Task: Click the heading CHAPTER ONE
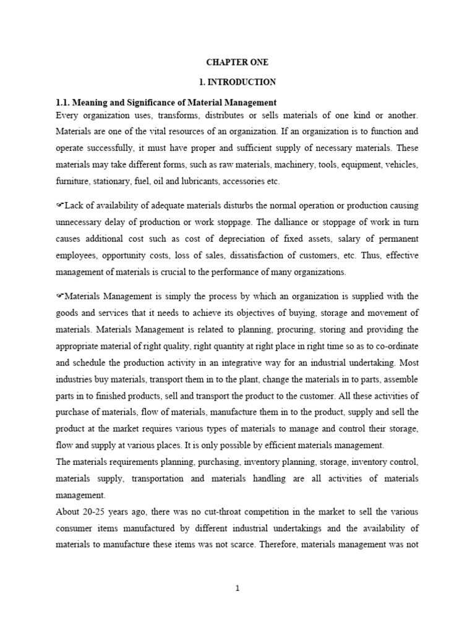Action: tap(237, 62)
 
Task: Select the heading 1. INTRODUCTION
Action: tap(237, 82)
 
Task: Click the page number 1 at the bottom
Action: tap(237, 589)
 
